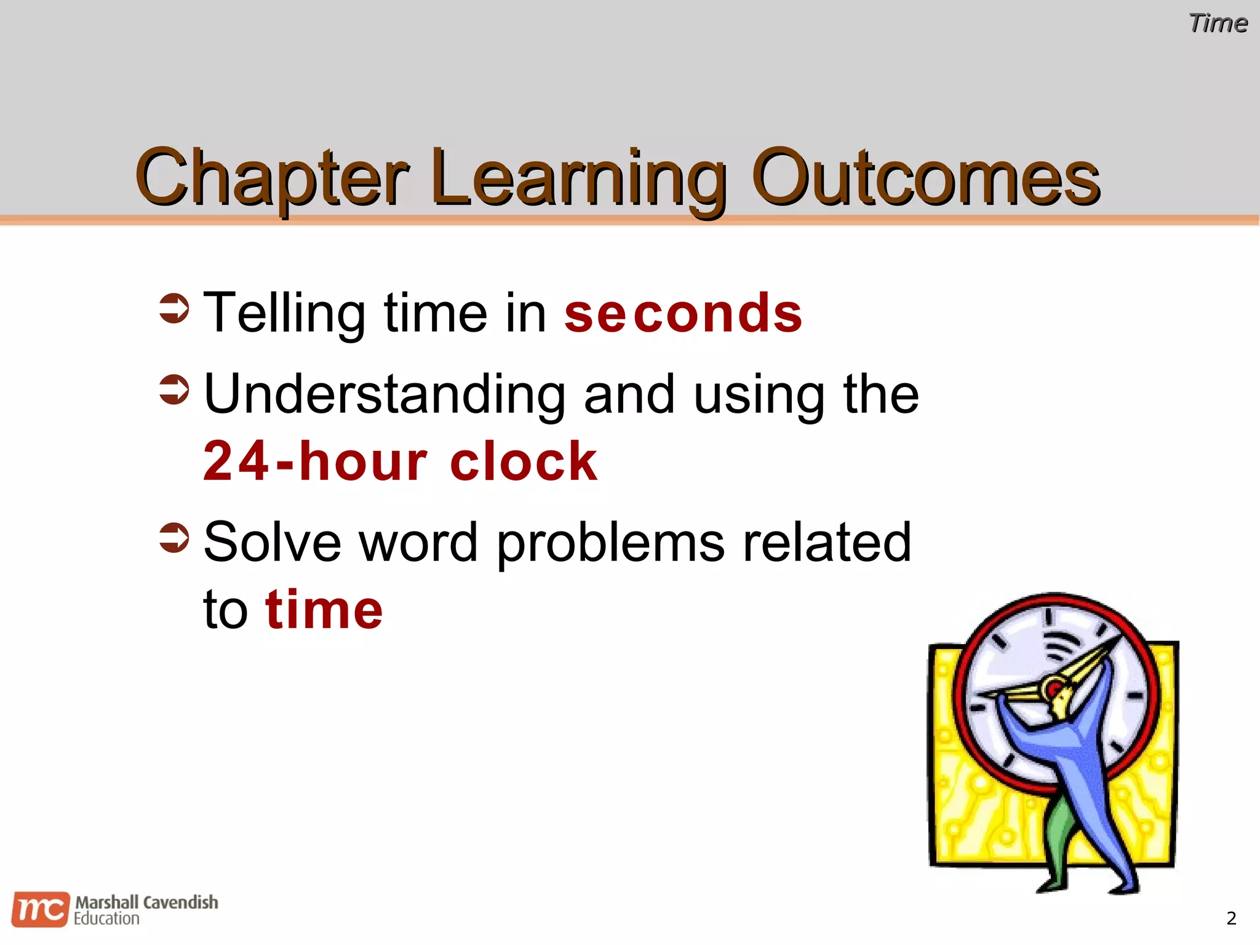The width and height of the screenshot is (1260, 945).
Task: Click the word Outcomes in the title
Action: point(925,178)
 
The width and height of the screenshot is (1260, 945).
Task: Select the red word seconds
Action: point(683,314)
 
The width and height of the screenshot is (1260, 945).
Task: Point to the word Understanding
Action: point(385,395)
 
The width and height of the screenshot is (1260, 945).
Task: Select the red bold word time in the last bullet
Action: point(324,610)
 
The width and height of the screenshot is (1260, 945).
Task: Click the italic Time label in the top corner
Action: point(1218,23)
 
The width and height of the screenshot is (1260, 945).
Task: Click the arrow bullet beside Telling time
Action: point(174,308)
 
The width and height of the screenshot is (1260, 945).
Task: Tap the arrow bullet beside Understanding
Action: point(174,389)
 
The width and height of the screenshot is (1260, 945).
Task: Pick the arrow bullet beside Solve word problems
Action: point(174,538)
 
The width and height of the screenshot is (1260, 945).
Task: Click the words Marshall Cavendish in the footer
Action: point(146,903)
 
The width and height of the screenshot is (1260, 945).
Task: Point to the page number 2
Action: point(1231,919)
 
